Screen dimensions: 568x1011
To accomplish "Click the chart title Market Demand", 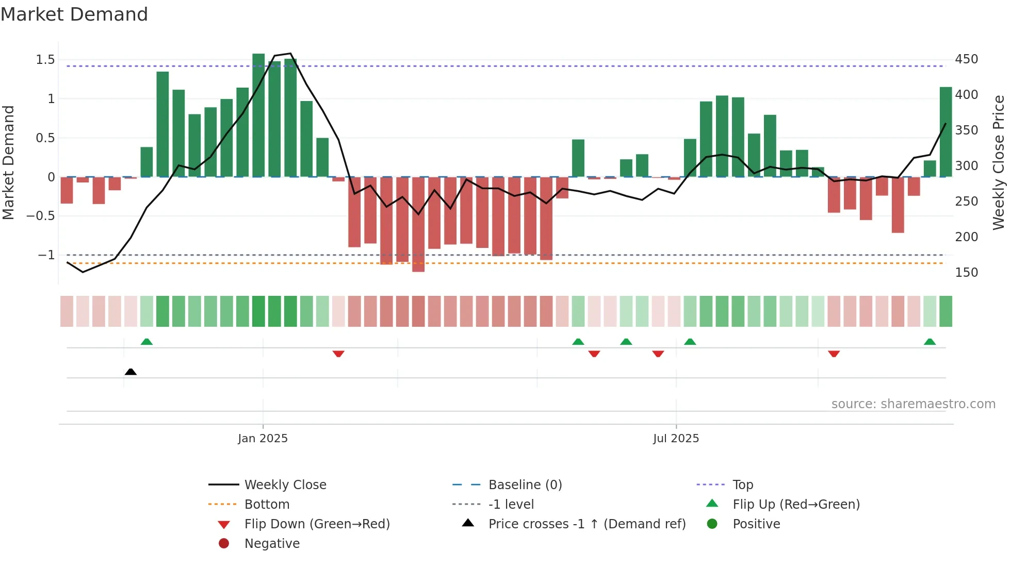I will pyautogui.click(x=74, y=14).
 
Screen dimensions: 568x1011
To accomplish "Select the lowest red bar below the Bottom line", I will pyautogui.click(x=418, y=225).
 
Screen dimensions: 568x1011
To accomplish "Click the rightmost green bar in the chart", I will pyautogui.click(x=945, y=132).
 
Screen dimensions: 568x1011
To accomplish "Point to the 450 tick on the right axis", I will pyautogui.click(x=966, y=59).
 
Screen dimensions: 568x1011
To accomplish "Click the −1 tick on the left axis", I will pyautogui.click(x=46, y=255).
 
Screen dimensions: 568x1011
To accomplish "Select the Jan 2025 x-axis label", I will pyautogui.click(x=263, y=439).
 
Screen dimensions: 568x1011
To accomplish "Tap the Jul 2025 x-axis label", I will pyautogui.click(x=676, y=439).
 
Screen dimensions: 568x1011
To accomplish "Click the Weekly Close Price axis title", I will pyautogui.click(x=999, y=162).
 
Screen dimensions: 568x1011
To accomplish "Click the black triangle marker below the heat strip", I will pyautogui.click(x=131, y=372).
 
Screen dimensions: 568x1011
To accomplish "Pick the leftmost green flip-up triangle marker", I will pyautogui.click(x=146, y=342).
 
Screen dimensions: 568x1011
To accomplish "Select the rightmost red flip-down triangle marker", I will pyautogui.click(x=834, y=354).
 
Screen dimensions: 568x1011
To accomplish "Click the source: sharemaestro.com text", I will pyautogui.click(x=913, y=404).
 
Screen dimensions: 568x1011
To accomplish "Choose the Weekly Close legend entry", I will pyautogui.click(x=285, y=485).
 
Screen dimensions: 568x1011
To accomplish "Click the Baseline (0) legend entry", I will pyautogui.click(x=525, y=485).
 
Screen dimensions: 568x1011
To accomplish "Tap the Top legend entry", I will pyautogui.click(x=742, y=485).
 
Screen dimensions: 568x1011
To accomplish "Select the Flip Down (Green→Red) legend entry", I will pyautogui.click(x=317, y=524).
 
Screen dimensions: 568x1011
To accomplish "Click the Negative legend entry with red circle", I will pyautogui.click(x=271, y=544).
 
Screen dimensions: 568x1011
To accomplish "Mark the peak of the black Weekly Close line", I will pyautogui.click(x=290, y=54).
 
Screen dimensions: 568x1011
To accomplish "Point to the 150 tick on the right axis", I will pyautogui.click(x=966, y=273).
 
